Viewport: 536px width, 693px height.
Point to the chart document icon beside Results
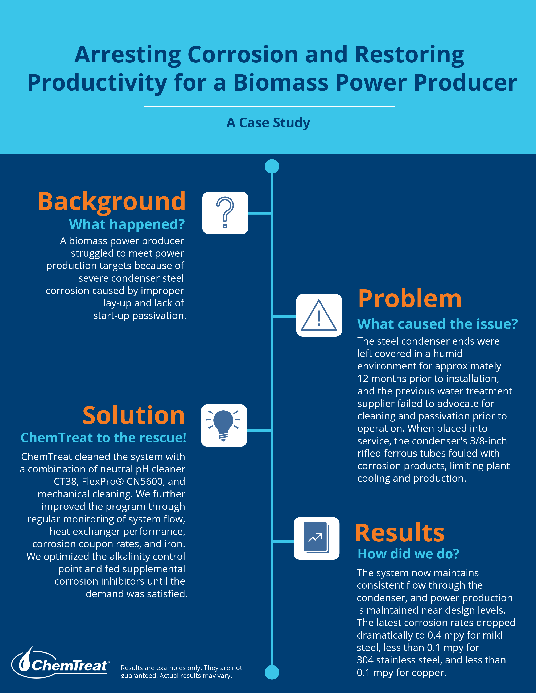click(317, 538)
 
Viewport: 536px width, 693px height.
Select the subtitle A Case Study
click(268, 123)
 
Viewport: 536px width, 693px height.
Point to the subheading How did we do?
click(408, 554)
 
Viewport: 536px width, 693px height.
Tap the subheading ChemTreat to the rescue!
click(103, 438)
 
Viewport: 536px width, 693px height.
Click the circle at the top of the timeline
click(272, 166)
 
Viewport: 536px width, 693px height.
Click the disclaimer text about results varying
click(181, 672)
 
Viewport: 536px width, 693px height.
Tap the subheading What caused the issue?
click(438, 324)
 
